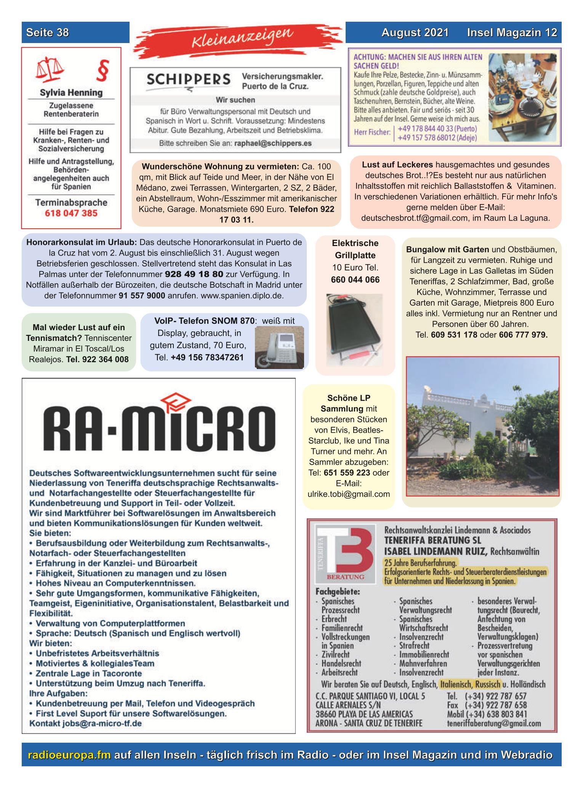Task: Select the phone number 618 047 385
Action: tap(71, 213)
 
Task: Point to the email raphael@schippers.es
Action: tap(273, 144)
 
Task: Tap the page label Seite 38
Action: tap(48, 33)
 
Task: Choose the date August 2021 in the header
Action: tap(415, 33)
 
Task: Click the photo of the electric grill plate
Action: tap(354, 330)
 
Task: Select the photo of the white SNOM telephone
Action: tap(279, 348)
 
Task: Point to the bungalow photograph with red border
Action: tap(482, 426)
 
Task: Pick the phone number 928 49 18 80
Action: tap(194, 274)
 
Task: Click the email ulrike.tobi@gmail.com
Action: tap(349, 494)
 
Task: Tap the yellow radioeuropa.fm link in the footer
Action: tap(69, 755)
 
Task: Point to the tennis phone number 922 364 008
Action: tap(105, 359)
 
